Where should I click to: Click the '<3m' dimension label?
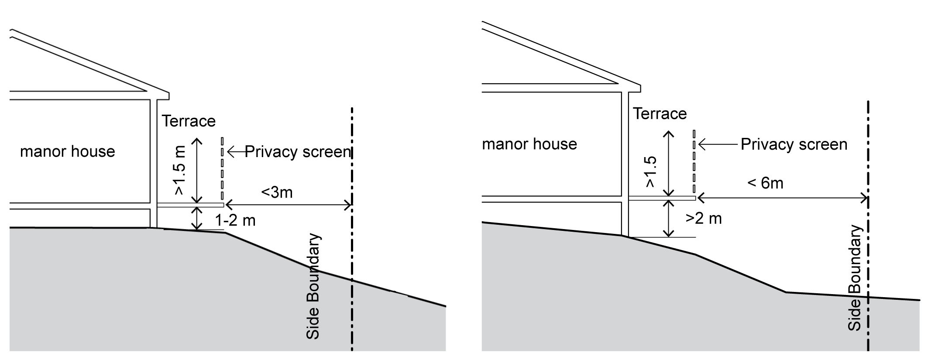(x=277, y=192)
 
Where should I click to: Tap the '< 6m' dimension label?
(x=766, y=183)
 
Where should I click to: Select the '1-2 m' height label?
(x=235, y=220)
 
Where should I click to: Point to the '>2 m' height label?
(x=704, y=218)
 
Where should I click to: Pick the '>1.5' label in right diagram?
(x=650, y=171)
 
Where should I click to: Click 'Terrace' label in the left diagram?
(x=189, y=121)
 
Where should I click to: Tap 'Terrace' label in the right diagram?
(x=660, y=113)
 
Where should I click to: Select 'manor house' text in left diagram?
(x=68, y=151)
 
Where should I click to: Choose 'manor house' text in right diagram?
(x=529, y=144)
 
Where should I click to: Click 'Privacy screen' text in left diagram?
(x=298, y=151)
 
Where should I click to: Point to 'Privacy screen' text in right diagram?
(x=794, y=144)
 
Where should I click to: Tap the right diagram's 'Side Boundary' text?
(x=855, y=278)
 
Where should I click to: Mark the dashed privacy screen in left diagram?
(x=222, y=168)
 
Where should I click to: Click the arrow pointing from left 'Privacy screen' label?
(x=236, y=151)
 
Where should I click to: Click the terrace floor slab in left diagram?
(x=190, y=205)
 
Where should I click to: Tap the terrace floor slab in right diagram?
(x=662, y=198)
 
